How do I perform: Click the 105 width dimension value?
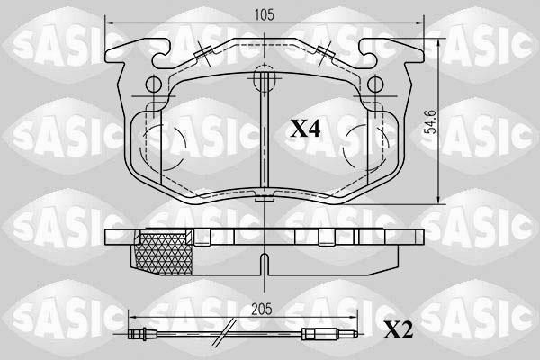[x=264, y=13]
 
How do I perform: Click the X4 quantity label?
[x=305, y=129]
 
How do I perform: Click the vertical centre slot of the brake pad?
[x=264, y=144]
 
